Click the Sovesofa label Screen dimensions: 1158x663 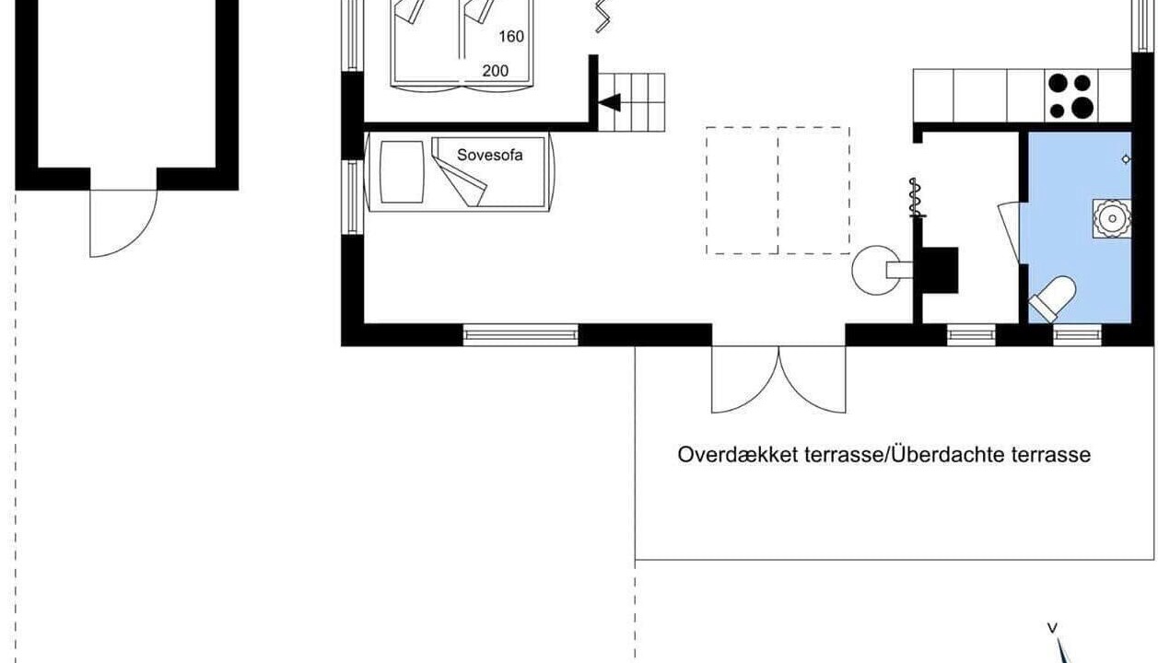point(489,155)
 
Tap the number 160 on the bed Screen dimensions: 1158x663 point(511,37)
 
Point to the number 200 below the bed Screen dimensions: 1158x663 point(496,71)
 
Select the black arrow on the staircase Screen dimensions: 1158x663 point(610,102)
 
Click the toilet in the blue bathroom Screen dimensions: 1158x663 point(1053,298)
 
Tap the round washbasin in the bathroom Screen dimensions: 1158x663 point(1111,218)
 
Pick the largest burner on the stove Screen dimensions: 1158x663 point(1082,108)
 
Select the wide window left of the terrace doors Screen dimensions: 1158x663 point(521,335)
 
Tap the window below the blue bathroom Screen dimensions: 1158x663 point(1077,335)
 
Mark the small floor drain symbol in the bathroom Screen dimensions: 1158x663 point(1126,159)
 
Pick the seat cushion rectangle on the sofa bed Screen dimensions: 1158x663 point(402,172)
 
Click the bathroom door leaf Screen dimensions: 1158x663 point(1009,233)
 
